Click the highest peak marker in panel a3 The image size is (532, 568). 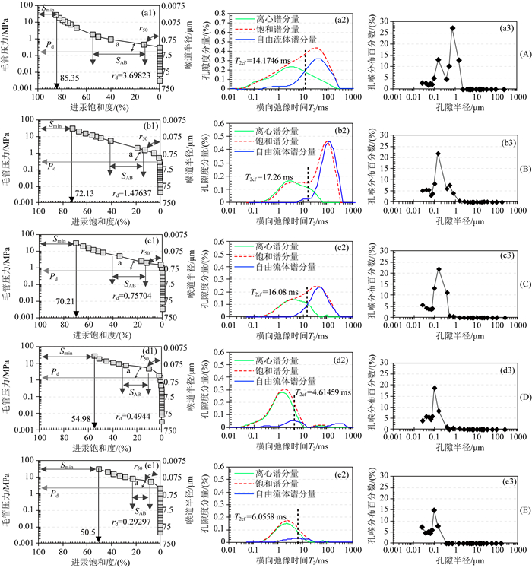point(453,28)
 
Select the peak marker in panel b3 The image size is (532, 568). point(438,154)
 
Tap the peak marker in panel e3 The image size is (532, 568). point(434,509)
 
